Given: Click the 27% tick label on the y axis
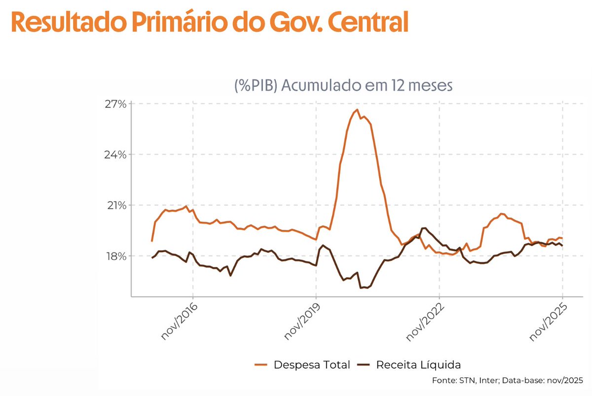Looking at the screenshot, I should click(x=116, y=104).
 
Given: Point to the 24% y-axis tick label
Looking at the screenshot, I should click(x=116, y=155).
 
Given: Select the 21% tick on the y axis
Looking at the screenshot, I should click(x=116, y=205).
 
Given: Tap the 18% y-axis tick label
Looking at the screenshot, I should click(x=116, y=256).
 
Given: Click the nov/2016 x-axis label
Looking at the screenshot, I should click(x=179, y=322).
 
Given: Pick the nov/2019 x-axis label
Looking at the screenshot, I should click(x=302, y=322).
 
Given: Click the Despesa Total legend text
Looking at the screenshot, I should click(x=312, y=365).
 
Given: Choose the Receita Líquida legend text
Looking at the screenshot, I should click(x=418, y=365).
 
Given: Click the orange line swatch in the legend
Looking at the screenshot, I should click(x=261, y=365).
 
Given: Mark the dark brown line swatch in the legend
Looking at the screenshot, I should click(x=364, y=365).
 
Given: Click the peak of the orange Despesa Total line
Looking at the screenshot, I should click(x=357, y=109).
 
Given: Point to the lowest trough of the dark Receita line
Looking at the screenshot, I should click(x=361, y=288).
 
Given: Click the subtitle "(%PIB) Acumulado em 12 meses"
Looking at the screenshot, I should click(x=343, y=85).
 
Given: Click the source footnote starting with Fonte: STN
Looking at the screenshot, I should click(x=507, y=381).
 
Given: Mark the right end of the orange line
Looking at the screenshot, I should click(x=562, y=238).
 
